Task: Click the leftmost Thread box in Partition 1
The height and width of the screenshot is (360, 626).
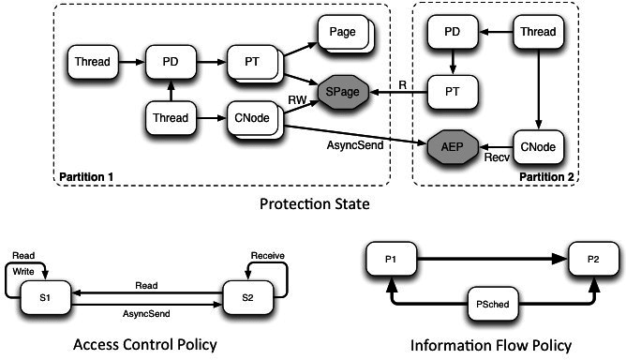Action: [x=90, y=64]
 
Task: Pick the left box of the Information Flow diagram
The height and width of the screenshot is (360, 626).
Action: [x=390, y=259]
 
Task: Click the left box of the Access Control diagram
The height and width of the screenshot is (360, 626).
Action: [x=45, y=298]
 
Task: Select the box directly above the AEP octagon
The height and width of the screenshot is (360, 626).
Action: [x=455, y=92]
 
